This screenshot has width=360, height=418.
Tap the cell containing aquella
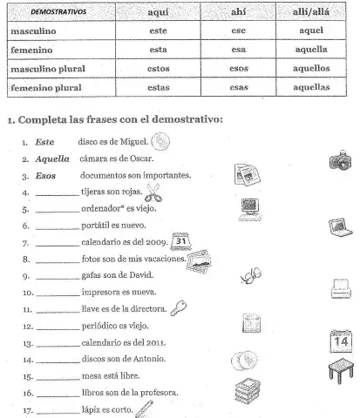click(311, 50)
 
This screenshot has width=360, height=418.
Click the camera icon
click(341, 159)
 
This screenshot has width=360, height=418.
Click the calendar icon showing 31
click(182, 242)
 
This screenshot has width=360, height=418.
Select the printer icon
click(341, 287)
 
